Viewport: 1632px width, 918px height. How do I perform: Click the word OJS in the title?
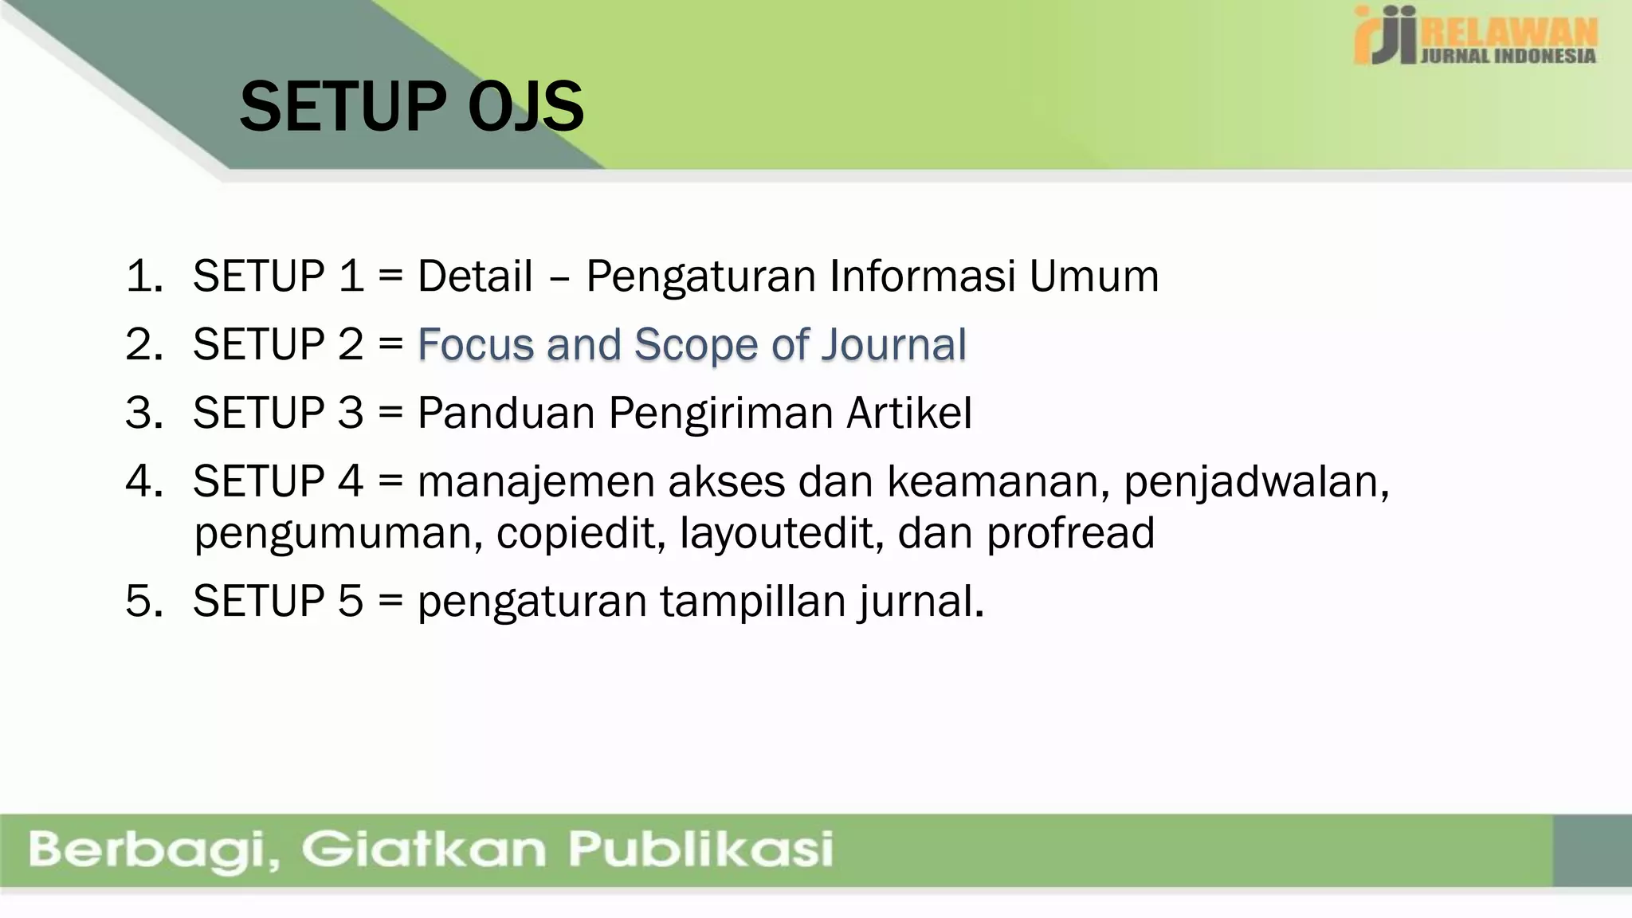click(x=526, y=108)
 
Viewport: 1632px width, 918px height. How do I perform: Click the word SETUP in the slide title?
click(x=343, y=108)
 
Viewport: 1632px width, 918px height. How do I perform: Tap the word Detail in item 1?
click(x=475, y=277)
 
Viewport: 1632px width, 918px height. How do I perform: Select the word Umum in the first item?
click(x=1093, y=277)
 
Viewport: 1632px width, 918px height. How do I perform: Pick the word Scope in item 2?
click(x=696, y=345)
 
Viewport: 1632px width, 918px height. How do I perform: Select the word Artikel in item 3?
click(x=909, y=413)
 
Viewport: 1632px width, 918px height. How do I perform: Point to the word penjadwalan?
click(x=1256, y=482)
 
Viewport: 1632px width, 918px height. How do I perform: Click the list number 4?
click(x=143, y=481)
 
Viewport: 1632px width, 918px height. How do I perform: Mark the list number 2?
click(x=143, y=345)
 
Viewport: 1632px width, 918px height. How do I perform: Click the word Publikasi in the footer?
click(x=700, y=849)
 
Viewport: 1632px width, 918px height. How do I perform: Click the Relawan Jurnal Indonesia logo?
click(x=1475, y=36)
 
